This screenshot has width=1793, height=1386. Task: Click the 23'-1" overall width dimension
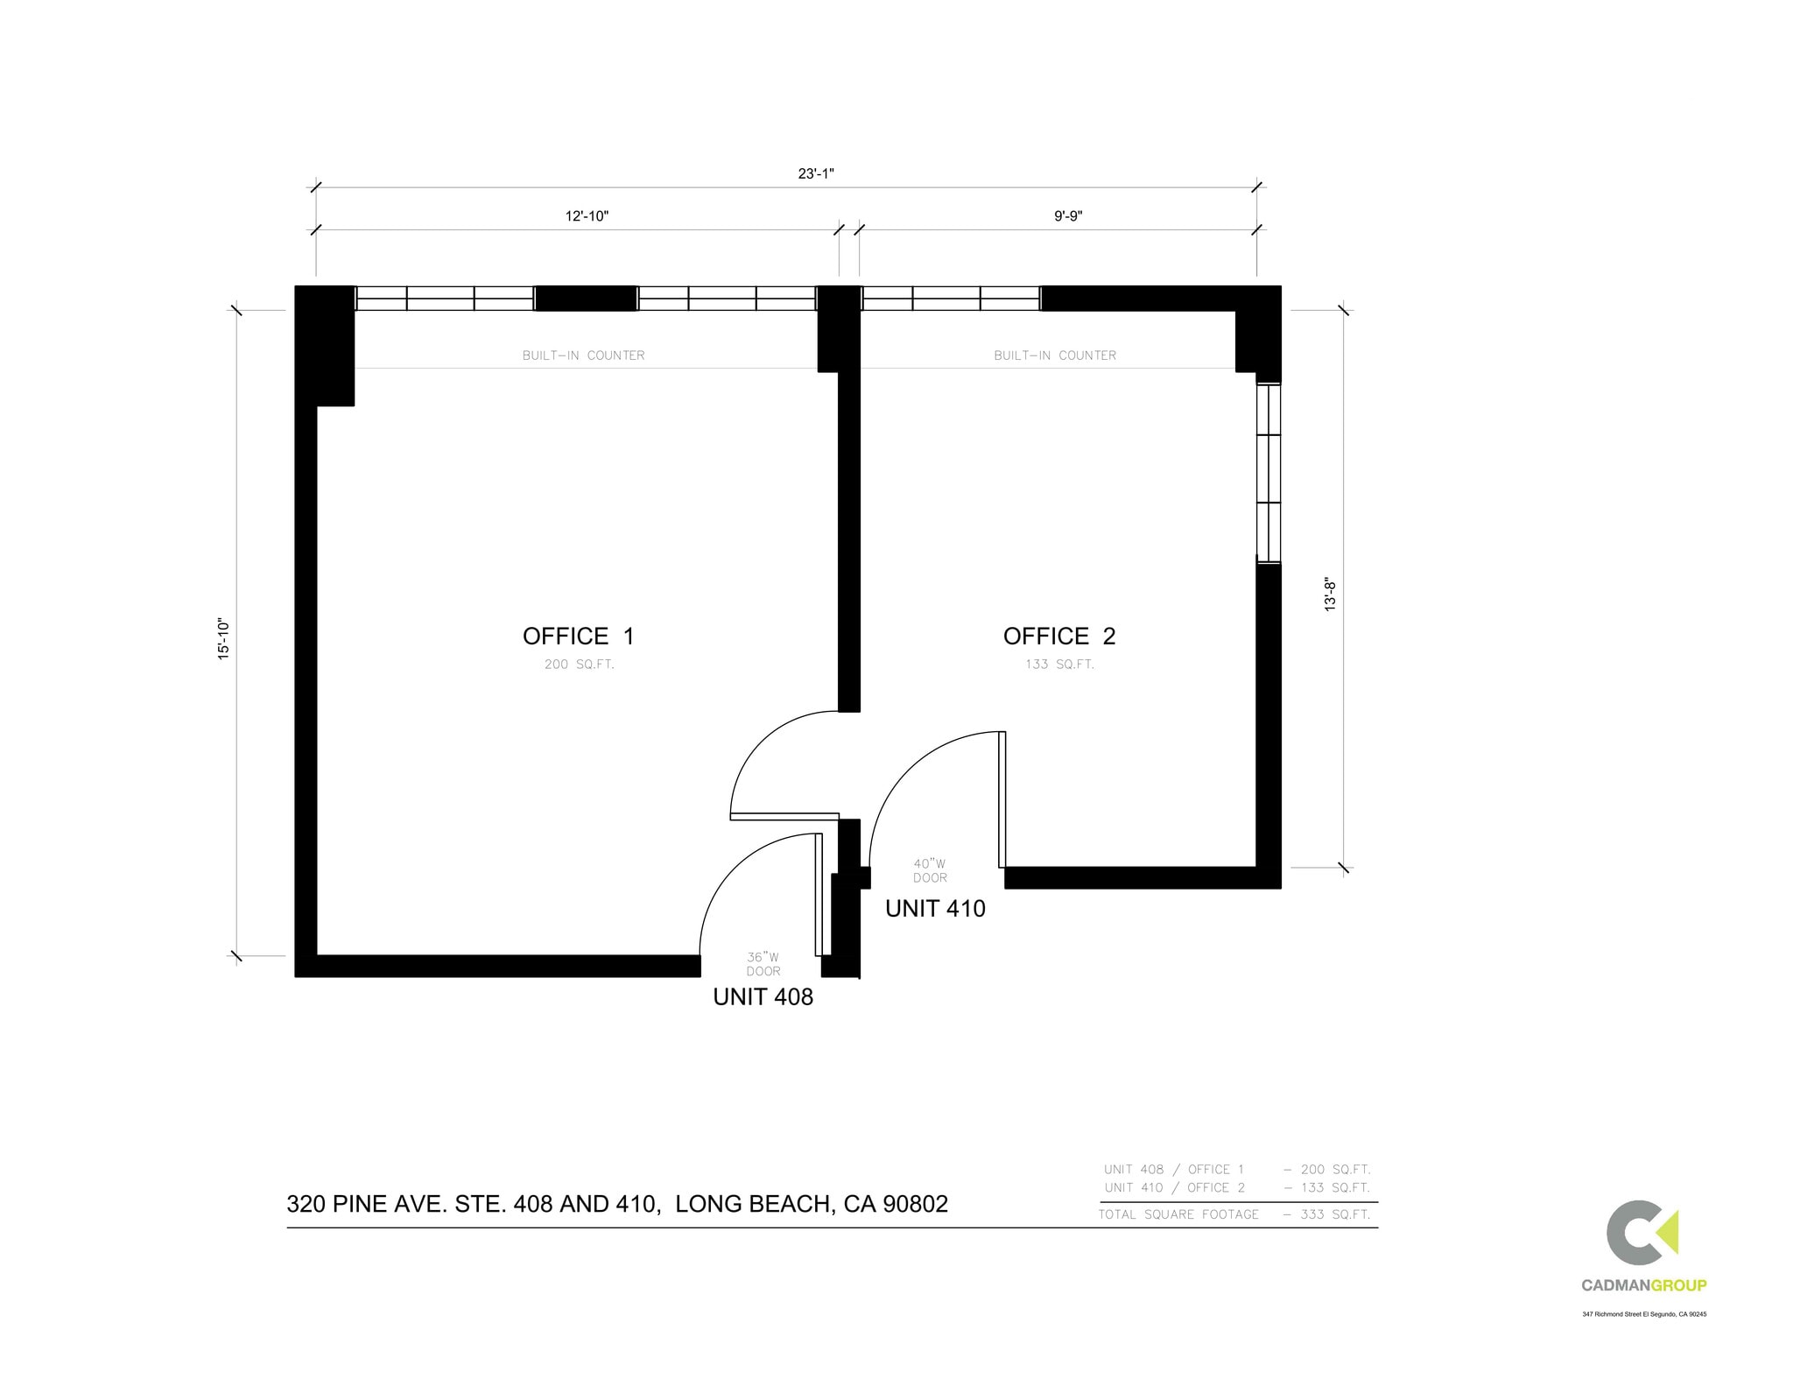click(815, 173)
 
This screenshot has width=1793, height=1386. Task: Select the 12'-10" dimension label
click(586, 216)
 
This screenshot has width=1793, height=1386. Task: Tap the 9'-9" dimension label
click(1067, 216)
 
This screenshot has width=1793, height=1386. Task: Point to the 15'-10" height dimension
click(224, 638)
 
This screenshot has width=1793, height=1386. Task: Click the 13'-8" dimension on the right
click(1330, 593)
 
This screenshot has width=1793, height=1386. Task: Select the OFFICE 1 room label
click(578, 637)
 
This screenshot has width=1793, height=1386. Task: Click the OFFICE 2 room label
click(1059, 637)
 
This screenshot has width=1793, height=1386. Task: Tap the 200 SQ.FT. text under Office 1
click(579, 665)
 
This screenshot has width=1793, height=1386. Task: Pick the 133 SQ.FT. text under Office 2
click(1059, 665)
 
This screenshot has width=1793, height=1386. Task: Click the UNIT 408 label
click(763, 997)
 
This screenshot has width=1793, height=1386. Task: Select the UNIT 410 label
click(935, 909)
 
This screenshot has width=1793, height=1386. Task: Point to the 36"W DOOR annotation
click(763, 964)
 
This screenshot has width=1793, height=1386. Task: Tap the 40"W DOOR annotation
click(930, 870)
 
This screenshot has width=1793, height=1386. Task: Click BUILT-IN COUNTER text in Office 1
click(583, 355)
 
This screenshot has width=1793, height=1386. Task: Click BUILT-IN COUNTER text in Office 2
click(1055, 355)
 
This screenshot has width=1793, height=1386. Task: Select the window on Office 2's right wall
click(1268, 473)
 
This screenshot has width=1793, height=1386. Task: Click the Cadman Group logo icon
click(1642, 1232)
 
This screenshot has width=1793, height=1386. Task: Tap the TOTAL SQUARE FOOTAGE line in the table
click(1234, 1214)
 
